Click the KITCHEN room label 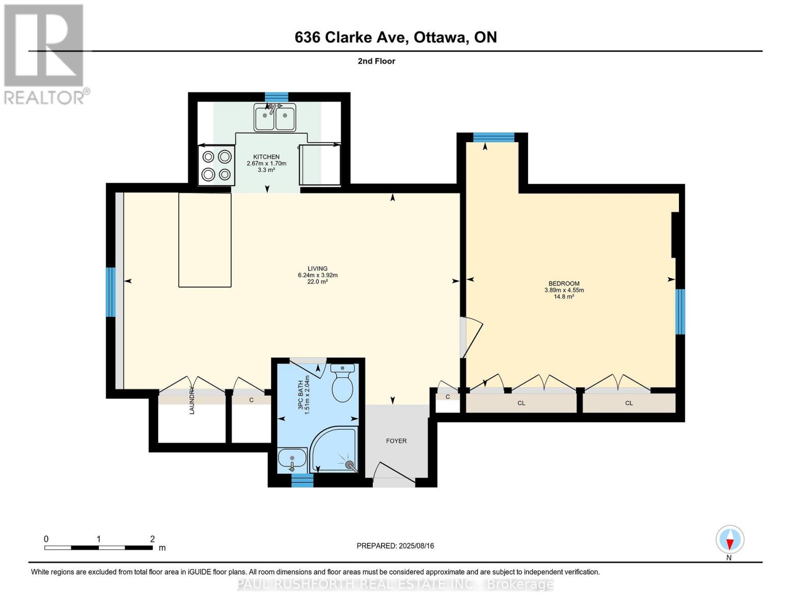click(266, 157)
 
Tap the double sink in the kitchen click(275, 117)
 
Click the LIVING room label click(317, 268)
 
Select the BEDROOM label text click(564, 283)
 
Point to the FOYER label click(396, 441)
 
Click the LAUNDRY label click(192, 401)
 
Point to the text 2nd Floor click(376, 61)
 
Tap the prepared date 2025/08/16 click(417, 546)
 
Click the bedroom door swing click(472, 337)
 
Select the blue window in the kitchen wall click(276, 97)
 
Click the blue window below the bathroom click(303, 480)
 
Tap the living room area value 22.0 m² click(317, 282)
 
